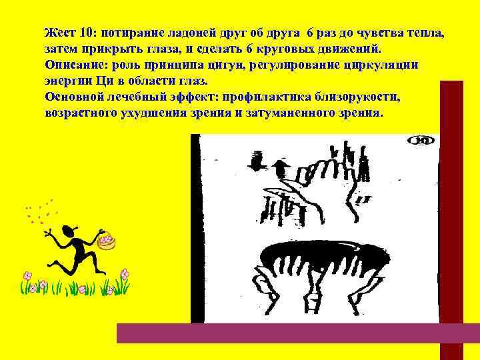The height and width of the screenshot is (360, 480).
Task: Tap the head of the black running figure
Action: pos(68,232)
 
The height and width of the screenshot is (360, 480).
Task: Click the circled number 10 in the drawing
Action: pos(423,141)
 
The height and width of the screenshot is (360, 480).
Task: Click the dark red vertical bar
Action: pos(451,200)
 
